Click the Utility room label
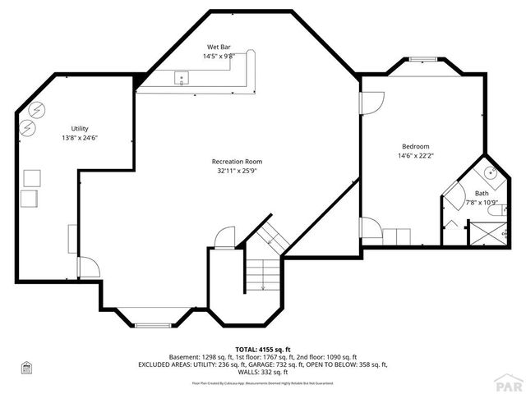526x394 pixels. [x=79, y=129]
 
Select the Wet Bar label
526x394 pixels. [x=218, y=47]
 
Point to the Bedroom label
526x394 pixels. [x=415, y=146]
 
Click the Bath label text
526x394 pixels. [x=481, y=193]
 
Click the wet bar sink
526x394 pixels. [x=182, y=79]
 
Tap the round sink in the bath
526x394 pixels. [x=488, y=173]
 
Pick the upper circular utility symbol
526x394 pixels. [x=37, y=109]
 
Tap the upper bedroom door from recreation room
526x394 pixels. [x=372, y=103]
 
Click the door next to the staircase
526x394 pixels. [x=222, y=237]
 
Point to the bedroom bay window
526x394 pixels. [x=423, y=59]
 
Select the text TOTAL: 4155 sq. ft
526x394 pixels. [x=262, y=350]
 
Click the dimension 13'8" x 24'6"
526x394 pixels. [x=79, y=138]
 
